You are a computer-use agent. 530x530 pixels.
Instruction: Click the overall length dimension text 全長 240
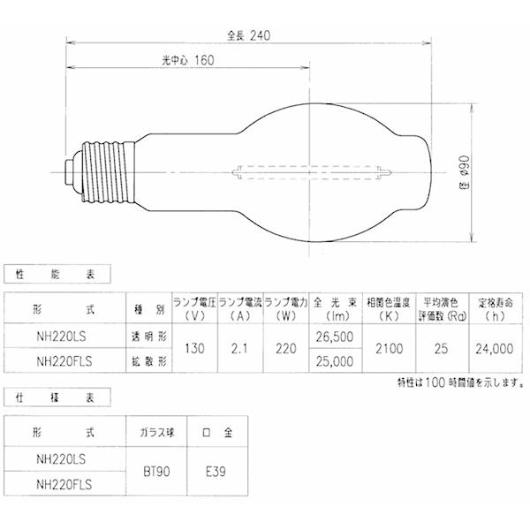click(247, 35)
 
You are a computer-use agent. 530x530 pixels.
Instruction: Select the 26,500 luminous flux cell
click(333, 337)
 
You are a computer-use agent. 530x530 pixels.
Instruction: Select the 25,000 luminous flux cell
click(333, 361)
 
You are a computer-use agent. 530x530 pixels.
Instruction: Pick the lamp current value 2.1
click(240, 349)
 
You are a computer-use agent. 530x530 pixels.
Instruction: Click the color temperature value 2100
click(386, 349)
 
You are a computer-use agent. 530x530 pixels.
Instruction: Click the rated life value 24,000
click(492, 349)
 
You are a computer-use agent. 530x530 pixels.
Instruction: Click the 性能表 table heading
click(36, 276)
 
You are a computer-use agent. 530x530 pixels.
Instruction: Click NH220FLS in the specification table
click(66, 485)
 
